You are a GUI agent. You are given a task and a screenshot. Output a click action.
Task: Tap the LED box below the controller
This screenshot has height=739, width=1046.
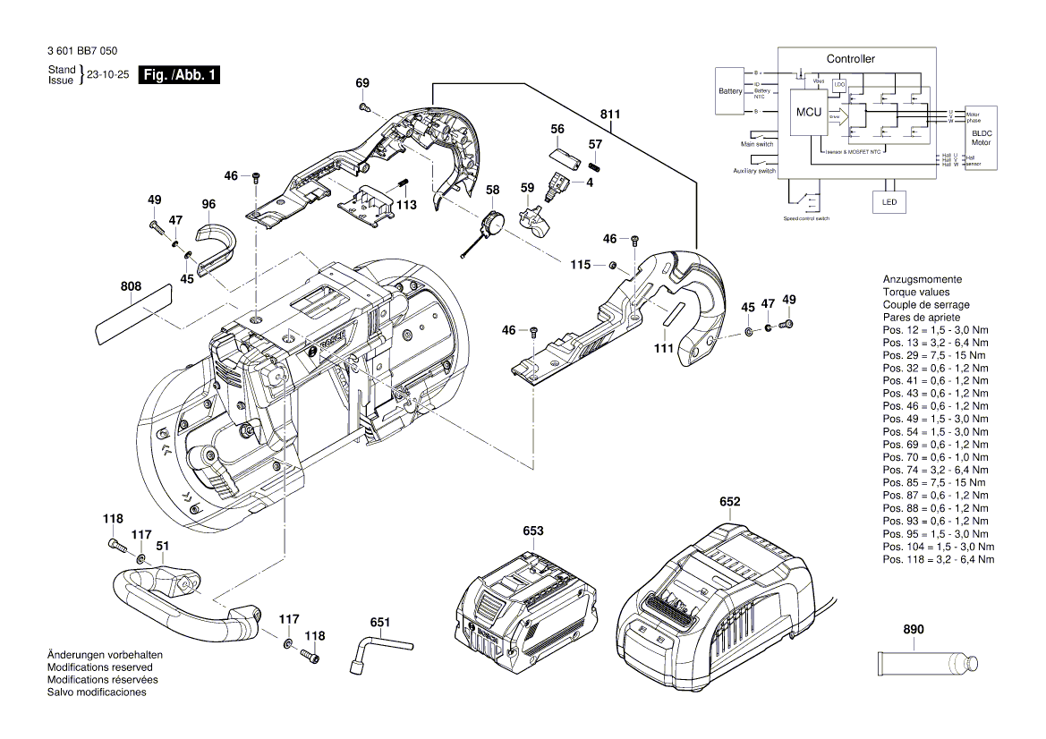889,202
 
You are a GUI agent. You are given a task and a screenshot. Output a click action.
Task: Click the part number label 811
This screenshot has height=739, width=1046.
610,115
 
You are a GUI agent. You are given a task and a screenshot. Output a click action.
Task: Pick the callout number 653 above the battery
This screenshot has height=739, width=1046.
533,531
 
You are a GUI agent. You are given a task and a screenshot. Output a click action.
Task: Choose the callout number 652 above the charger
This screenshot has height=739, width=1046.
730,502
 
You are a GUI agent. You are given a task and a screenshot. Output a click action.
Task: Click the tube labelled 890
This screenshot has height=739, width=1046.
927,665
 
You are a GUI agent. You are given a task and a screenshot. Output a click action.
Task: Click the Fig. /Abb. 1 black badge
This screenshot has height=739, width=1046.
180,76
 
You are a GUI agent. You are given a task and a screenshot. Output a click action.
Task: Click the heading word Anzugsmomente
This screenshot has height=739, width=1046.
922,279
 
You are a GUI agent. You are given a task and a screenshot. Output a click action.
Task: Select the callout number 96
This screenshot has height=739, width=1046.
208,205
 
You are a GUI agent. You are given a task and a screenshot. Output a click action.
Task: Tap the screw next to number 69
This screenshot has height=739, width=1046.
365,107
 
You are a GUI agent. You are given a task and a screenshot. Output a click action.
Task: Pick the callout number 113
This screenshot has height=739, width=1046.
407,205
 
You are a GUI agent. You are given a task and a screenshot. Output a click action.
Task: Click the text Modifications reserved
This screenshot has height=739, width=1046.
99,667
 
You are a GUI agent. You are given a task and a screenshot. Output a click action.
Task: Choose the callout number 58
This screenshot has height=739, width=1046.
492,191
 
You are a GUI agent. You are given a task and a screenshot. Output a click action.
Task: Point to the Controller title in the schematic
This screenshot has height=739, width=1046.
850,59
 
